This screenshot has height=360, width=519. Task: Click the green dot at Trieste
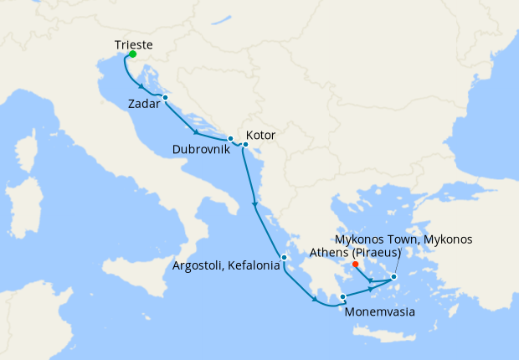[132, 54]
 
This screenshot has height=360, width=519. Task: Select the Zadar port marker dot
[166, 98]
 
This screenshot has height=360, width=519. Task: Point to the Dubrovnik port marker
[230, 138]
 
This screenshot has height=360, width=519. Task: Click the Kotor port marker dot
[245, 145]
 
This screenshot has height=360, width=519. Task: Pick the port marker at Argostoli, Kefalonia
[285, 257]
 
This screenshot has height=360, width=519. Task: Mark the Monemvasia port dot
[342, 296]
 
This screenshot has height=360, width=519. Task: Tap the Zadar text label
[146, 105]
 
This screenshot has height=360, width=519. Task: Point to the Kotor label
[260, 135]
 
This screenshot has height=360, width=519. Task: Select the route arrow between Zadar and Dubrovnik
[196, 131]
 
